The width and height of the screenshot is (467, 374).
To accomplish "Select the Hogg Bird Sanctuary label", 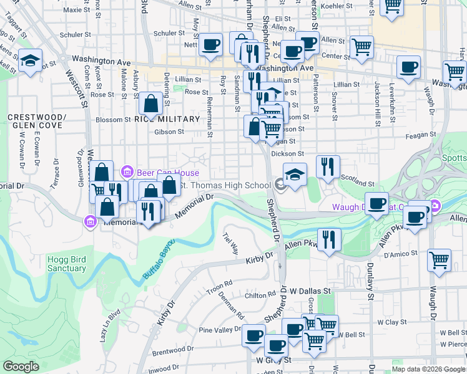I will pyautogui.click(x=66, y=264).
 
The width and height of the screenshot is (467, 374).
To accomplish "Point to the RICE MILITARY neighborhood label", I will pyautogui.click(x=167, y=119).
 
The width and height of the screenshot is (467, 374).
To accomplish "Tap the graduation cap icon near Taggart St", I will pyautogui.click(x=29, y=61).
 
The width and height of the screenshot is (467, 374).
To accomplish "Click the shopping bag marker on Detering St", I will pyautogui.click(x=151, y=104).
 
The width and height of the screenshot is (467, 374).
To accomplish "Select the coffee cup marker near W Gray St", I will pyautogui.click(x=276, y=345).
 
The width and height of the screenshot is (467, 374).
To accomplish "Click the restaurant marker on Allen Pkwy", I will pyautogui.click(x=328, y=240).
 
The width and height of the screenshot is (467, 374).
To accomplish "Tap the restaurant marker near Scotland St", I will pyautogui.click(x=328, y=166).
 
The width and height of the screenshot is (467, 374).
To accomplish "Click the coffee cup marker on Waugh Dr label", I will pyautogui.click(x=376, y=203).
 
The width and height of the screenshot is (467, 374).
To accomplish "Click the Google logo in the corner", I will pyautogui.click(x=21, y=367).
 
